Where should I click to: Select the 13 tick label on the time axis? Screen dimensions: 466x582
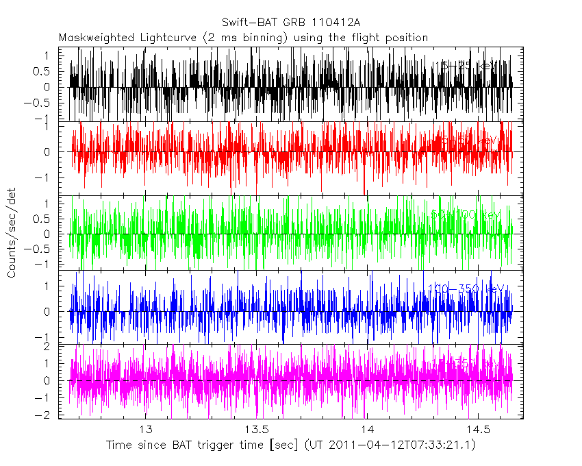click(145, 429)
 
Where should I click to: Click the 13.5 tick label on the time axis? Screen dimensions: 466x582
click(256, 429)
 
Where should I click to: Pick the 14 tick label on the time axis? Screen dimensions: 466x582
click(366, 429)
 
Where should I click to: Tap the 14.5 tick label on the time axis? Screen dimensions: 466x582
click(477, 429)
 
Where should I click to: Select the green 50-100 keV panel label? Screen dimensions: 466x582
click(466, 215)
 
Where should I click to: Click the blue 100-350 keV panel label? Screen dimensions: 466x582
click(466, 289)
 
